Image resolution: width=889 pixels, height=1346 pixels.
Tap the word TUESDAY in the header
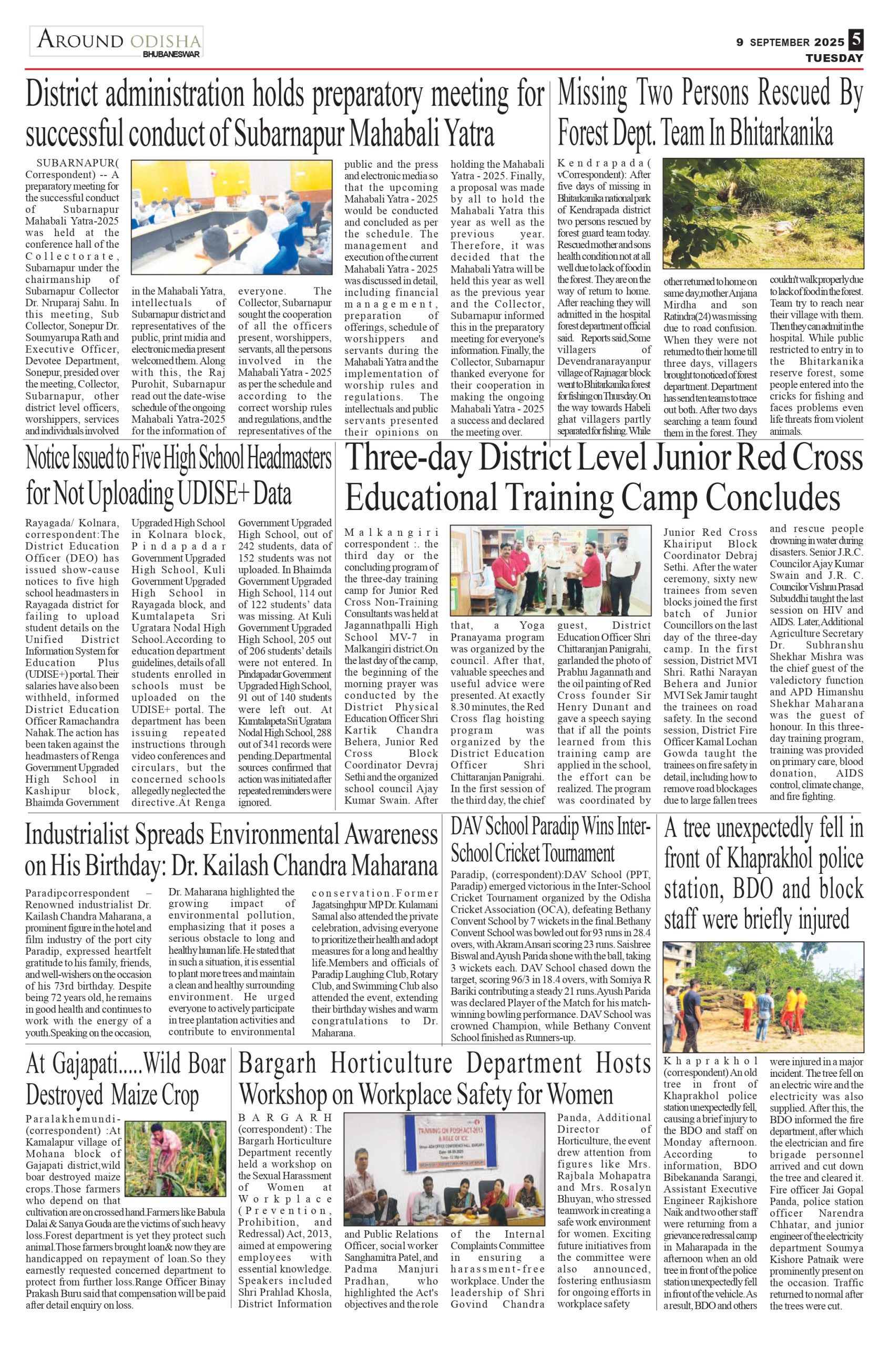click(834, 58)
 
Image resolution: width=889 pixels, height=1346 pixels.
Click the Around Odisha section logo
click(117, 42)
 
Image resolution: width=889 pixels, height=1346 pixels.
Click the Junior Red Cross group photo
click(550, 570)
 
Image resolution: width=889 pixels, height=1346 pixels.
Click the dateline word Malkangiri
click(391, 533)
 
